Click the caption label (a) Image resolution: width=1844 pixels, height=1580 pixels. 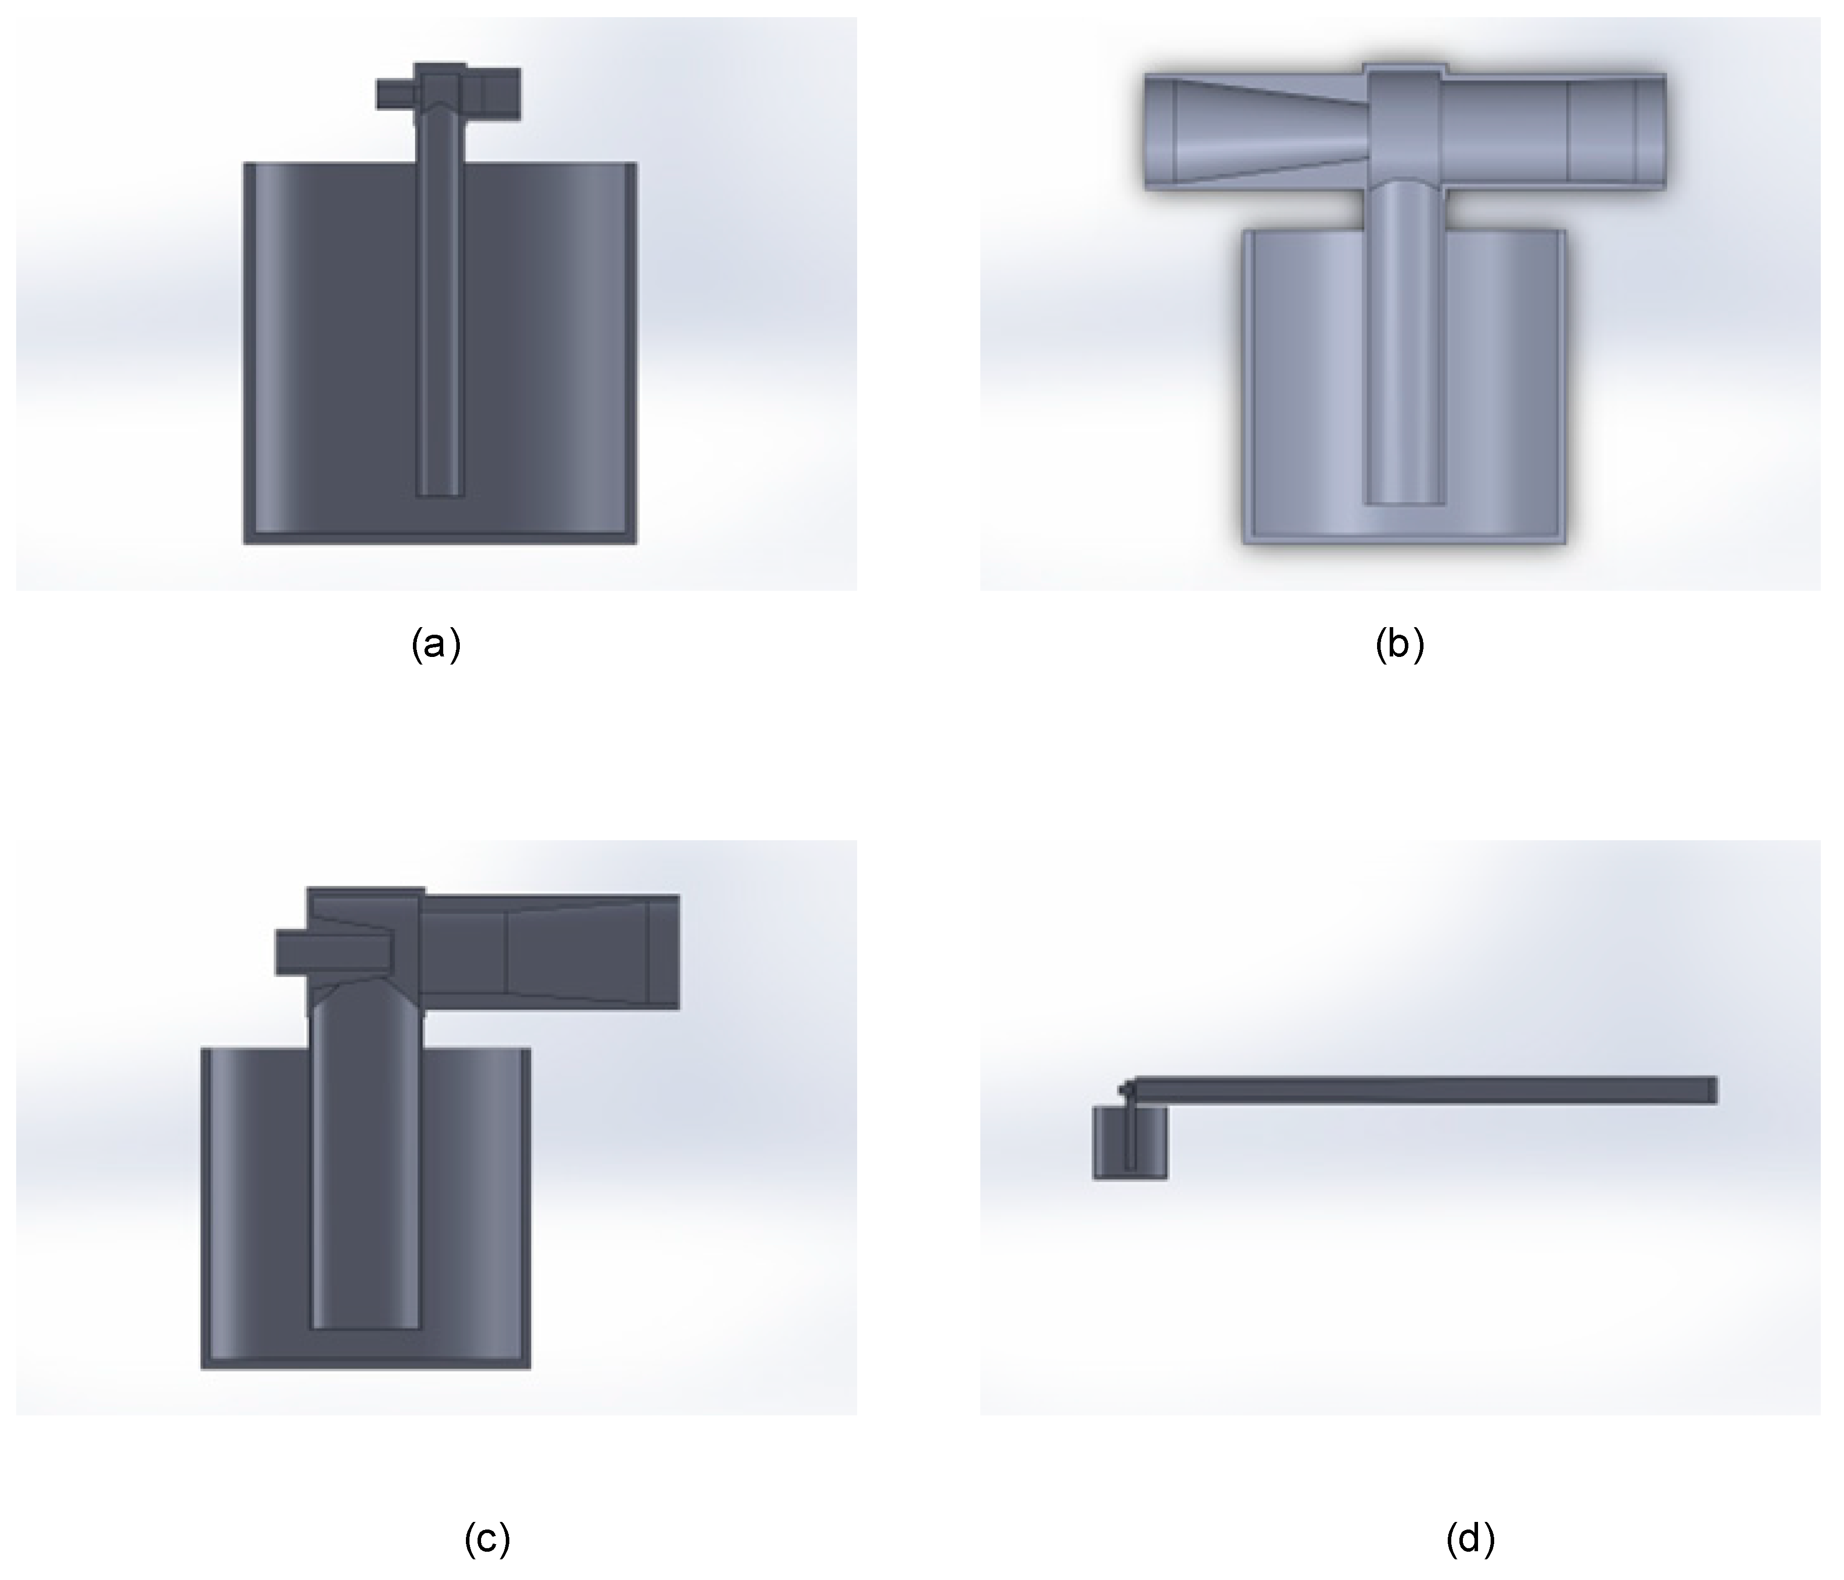(x=436, y=644)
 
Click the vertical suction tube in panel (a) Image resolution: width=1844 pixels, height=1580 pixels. (x=440, y=312)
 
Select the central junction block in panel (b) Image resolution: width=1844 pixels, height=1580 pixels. (x=1403, y=125)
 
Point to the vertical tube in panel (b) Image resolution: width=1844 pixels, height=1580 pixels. (x=1403, y=356)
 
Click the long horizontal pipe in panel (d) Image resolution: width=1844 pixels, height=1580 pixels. (x=1424, y=1090)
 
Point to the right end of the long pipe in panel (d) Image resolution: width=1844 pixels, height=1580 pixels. (x=1711, y=1090)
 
